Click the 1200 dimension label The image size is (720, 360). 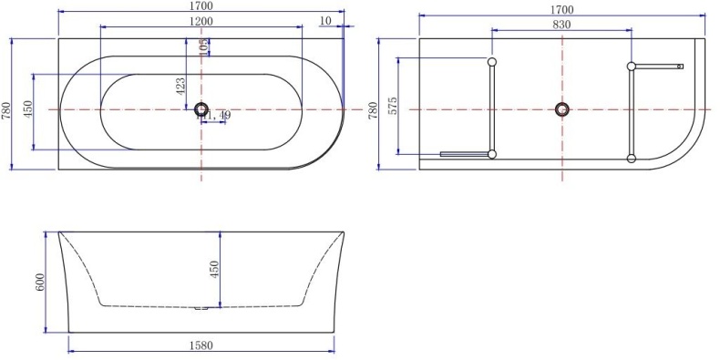[201, 21]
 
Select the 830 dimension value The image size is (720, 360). [561, 25]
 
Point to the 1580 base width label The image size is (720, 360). [200, 345]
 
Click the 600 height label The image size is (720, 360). [40, 283]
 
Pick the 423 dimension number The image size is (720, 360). [180, 87]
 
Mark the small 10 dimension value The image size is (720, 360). [325, 20]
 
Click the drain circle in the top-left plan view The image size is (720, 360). [201, 109]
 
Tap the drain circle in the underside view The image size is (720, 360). [561, 109]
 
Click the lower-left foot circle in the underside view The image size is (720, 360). [492, 154]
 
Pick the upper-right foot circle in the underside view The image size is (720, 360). [631, 66]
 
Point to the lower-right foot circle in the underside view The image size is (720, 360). [631, 159]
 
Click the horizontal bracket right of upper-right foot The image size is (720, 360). [659, 66]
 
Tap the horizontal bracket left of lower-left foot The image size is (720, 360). [464, 154]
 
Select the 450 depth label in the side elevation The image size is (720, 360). [215, 271]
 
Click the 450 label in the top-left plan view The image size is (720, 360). [28, 110]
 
